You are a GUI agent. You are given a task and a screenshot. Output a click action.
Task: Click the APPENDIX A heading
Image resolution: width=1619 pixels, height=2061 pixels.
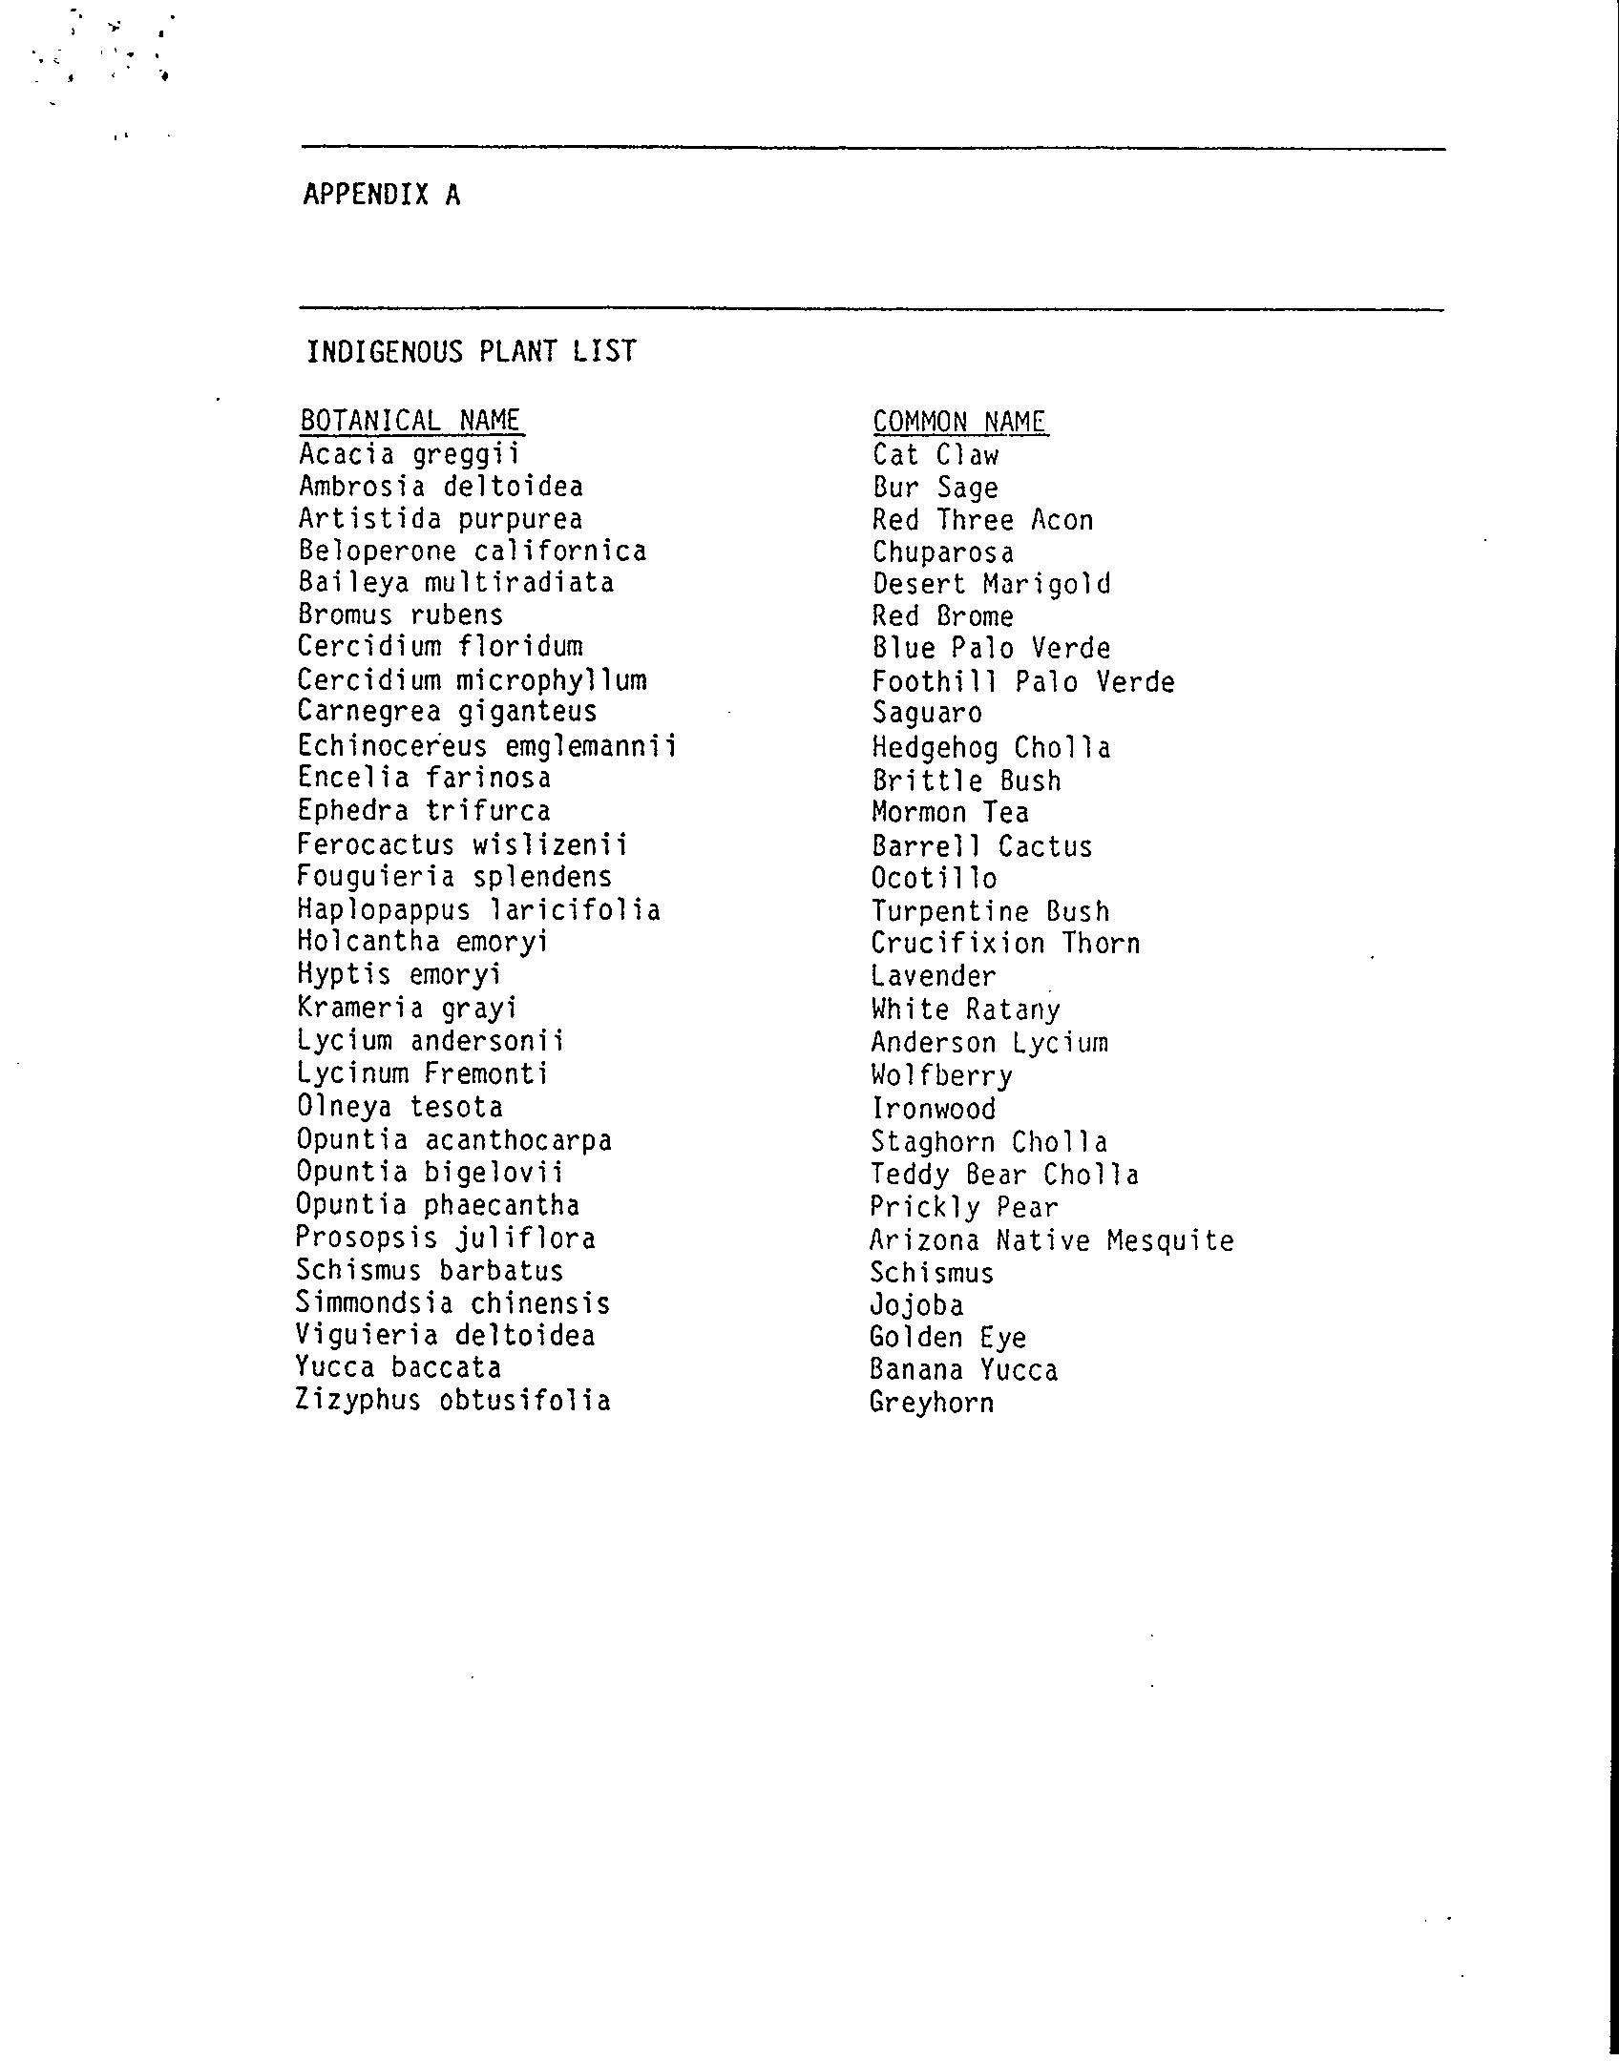coord(382,195)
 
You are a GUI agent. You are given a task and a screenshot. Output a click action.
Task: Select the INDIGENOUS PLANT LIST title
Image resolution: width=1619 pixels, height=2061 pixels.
coord(471,352)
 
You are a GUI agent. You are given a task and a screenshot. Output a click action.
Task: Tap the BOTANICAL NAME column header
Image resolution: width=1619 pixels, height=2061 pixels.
coord(410,421)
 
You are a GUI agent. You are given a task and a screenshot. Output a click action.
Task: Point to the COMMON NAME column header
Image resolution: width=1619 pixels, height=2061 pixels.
coord(959,422)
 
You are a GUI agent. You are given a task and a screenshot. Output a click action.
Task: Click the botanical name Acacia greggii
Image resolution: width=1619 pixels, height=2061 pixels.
coord(410,454)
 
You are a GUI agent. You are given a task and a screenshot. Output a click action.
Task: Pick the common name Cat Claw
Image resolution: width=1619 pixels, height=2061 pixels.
coord(936,455)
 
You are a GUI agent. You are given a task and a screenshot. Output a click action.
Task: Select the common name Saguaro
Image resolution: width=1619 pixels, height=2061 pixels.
coord(927,714)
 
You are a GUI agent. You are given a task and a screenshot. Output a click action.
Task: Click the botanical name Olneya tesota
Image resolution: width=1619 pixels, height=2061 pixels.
coord(399,1107)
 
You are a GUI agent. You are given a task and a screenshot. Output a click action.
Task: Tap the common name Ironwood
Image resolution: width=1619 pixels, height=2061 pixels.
coord(933,1109)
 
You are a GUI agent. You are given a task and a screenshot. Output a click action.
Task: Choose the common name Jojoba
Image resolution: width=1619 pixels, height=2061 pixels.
coord(916,1305)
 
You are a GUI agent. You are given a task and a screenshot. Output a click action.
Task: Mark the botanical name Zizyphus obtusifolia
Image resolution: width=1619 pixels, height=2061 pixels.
coord(453,1401)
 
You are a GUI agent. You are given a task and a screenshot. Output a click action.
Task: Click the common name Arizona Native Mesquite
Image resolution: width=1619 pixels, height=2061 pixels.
coord(1052,1240)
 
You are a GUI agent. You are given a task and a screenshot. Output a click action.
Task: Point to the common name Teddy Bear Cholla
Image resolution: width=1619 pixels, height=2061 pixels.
coord(1004,1175)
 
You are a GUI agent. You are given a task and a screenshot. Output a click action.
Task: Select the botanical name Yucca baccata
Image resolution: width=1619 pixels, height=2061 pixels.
coord(398,1368)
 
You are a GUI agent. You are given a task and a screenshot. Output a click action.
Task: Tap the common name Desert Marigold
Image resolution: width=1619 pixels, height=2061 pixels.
coord(992,584)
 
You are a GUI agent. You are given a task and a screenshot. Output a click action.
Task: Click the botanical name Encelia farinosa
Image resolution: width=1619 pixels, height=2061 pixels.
coord(424,779)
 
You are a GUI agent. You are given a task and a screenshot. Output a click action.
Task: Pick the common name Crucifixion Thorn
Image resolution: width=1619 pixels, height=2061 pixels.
coord(1005,944)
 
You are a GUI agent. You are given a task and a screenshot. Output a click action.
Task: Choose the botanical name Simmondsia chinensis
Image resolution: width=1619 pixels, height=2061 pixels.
coord(452,1303)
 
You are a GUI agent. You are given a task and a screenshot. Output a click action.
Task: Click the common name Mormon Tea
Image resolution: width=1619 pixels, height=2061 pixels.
coord(950,813)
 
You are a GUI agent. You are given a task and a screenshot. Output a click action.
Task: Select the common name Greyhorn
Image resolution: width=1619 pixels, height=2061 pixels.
coord(932,1403)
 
